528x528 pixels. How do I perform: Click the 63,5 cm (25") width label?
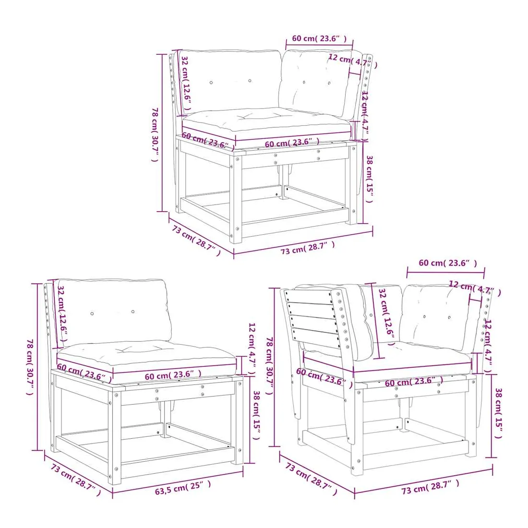(x=183, y=487)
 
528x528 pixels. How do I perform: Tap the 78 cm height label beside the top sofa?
(x=155, y=134)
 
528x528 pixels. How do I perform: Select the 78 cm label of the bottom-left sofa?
(x=30, y=367)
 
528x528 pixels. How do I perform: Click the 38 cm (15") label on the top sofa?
(x=369, y=179)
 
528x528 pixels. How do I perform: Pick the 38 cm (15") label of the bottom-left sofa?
(x=256, y=415)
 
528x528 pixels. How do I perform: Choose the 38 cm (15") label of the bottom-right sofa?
(x=498, y=413)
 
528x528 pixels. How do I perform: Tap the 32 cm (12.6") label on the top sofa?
(x=186, y=83)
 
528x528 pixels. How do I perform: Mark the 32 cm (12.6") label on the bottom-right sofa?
(x=386, y=316)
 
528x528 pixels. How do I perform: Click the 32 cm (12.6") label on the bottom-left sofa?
(x=63, y=313)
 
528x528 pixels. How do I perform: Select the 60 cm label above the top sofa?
(x=319, y=38)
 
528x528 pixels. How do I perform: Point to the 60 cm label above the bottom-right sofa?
(x=447, y=263)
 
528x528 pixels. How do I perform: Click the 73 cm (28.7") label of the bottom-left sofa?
(x=75, y=480)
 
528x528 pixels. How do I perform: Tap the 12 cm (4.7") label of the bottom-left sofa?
(x=252, y=349)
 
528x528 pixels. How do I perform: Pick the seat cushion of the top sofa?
(x=266, y=121)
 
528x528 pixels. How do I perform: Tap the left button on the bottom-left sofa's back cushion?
(x=92, y=313)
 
